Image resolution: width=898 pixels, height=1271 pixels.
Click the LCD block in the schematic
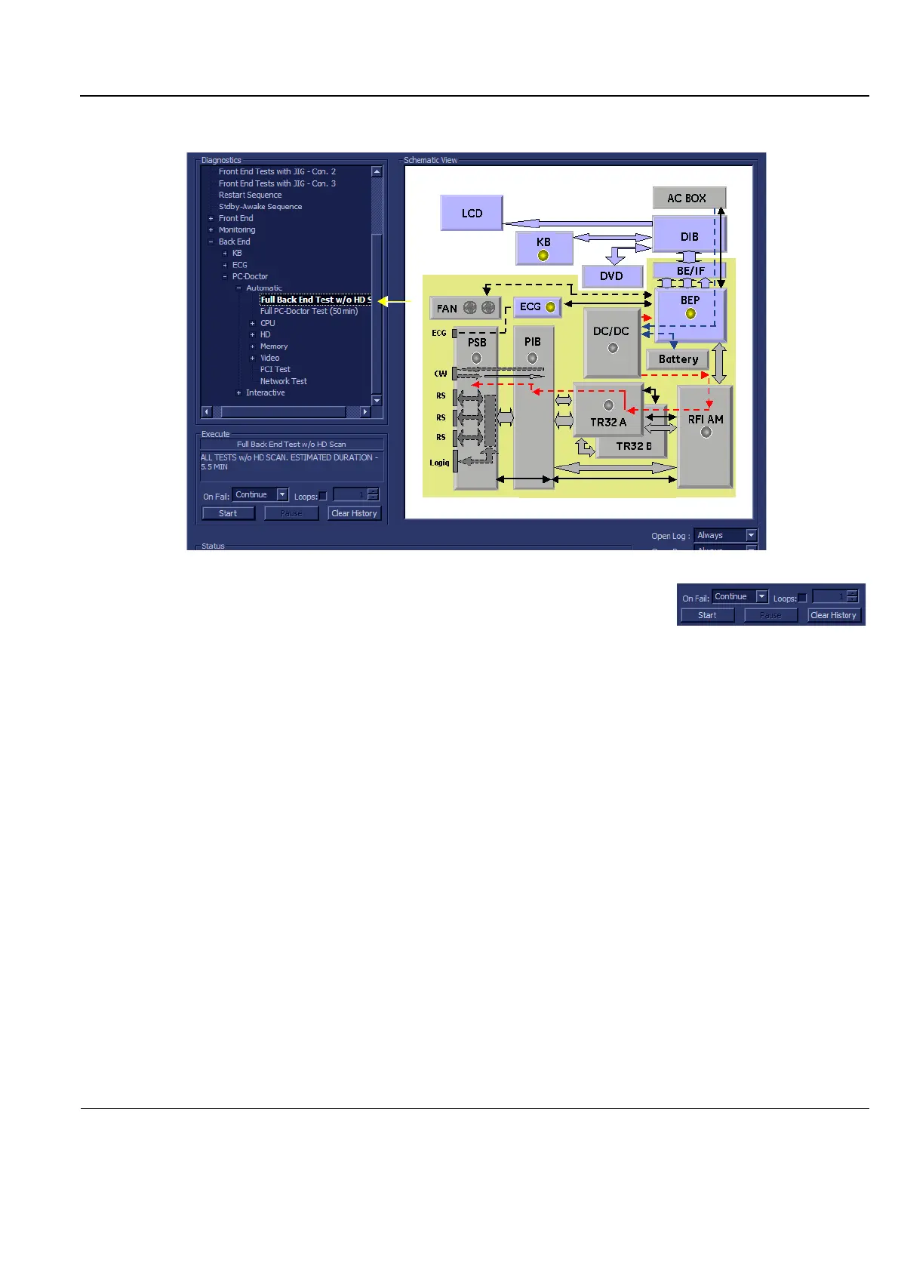(472, 214)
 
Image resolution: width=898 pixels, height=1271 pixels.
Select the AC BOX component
(687, 198)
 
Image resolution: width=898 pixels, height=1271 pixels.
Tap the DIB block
(689, 236)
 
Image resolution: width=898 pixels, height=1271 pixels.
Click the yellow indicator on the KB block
(543, 256)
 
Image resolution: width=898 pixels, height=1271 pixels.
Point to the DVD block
(611, 276)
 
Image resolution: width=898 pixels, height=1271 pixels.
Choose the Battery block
(678, 359)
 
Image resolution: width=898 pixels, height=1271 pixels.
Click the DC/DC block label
(611, 331)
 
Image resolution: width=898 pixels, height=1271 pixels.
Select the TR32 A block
(608, 422)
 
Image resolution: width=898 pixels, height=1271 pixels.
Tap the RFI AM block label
(706, 420)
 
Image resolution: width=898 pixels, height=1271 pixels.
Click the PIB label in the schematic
(533, 342)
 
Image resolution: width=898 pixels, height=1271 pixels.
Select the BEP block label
(690, 300)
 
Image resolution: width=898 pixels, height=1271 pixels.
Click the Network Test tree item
(283, 381)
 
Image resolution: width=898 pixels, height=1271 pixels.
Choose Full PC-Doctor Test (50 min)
(309, 311)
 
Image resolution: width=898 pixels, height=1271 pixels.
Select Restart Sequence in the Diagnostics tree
(250, 195)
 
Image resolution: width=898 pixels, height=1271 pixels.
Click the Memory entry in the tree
(274, 346)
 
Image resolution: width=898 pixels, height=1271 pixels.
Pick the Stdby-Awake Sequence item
(260, 207)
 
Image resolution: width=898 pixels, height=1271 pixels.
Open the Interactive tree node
(265, 393)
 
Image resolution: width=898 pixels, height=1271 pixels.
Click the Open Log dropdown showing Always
(724, 535)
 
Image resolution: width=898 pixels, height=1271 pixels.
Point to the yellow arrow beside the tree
(392, 301)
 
